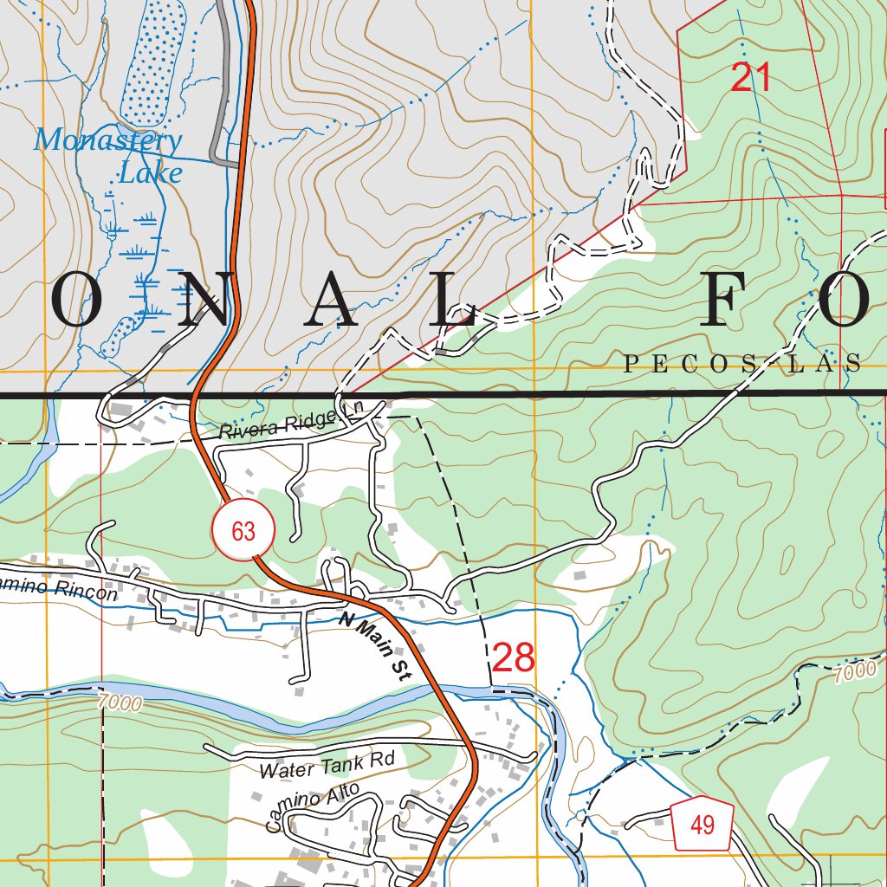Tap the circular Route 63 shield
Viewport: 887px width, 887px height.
click(243, 530)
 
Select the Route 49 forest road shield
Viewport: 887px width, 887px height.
click(702, 825)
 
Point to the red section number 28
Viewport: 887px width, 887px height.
click(513, 658)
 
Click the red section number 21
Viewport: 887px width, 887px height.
click(750, 78)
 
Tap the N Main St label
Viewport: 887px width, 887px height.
click(374, 644)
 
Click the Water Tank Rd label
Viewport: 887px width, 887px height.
click(327, 765)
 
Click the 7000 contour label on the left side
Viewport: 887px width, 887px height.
click(120, 702)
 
